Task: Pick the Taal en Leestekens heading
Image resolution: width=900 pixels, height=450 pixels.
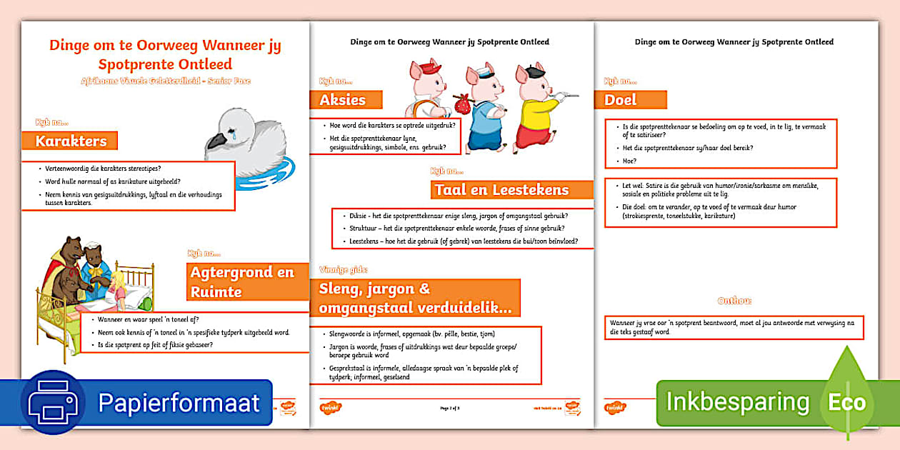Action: pos(512,190)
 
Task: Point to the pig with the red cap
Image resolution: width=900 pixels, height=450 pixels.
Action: pos(426,89)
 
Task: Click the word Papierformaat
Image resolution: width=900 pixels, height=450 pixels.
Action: pos(179,403)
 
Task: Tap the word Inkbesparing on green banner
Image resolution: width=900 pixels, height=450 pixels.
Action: pos(737,402)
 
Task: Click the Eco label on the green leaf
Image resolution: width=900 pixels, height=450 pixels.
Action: pos(846,403)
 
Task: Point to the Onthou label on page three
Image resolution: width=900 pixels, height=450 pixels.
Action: pos(734,301)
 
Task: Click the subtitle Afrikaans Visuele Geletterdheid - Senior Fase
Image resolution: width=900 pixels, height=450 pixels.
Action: pos(165,81)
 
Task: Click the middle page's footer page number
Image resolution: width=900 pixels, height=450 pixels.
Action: pos(450,407)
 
